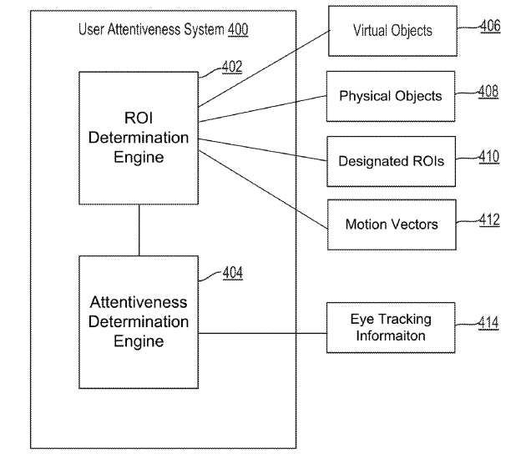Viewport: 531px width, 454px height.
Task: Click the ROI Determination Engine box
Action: tap(139, 138)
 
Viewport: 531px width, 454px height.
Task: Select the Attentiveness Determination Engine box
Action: tap(139, 321)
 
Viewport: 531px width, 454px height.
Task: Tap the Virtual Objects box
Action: tap(392, 31)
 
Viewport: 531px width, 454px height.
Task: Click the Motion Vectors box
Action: tap(391, 224)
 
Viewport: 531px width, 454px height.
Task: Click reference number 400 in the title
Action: tap(237, 29)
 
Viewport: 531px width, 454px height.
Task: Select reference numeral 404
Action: tap(232, 273)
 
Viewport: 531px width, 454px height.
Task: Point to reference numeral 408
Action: tap(488, 91)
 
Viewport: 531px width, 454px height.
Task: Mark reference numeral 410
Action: tap(488, 154)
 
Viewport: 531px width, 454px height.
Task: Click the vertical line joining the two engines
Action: tap(139, 230)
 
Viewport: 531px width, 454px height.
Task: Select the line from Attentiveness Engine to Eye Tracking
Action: tap(262, 333)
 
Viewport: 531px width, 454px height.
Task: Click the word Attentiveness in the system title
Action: tap(142, 29)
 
